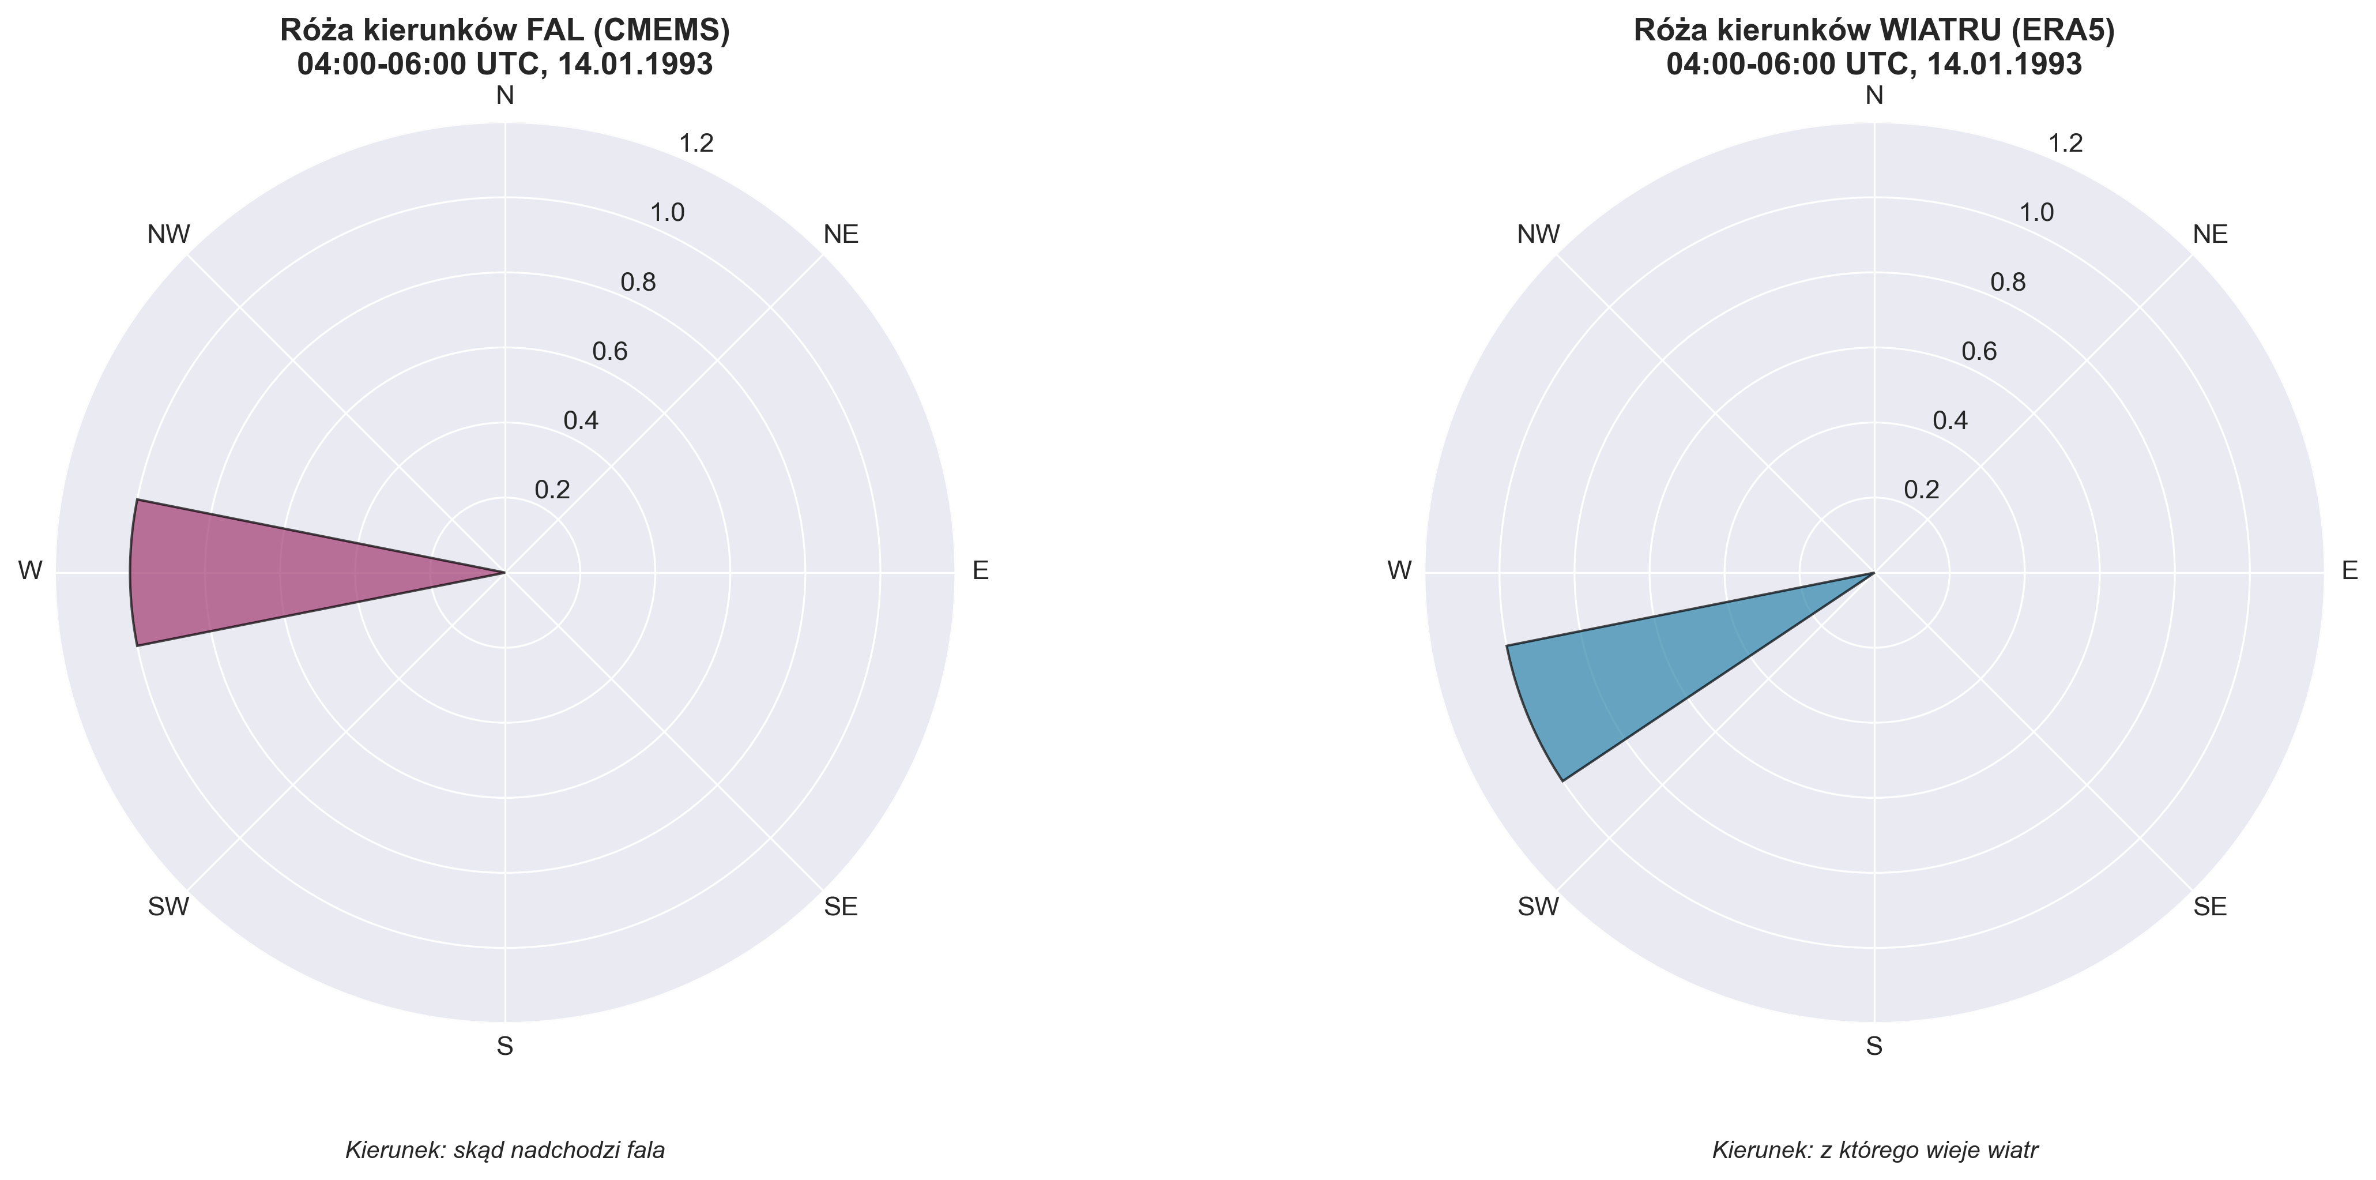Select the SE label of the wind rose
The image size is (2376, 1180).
pyautogui.click(x=2210, y=907)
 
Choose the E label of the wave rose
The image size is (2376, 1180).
pyautogui.click(x=981, y=571)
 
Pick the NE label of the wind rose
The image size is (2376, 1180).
pyautogui.click(x=2210, y=234)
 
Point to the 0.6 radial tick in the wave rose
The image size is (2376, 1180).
pyautogui.click(x=609, y=351)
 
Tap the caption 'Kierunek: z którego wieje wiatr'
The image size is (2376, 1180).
pyautogui.click(x=1874, y=1151)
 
